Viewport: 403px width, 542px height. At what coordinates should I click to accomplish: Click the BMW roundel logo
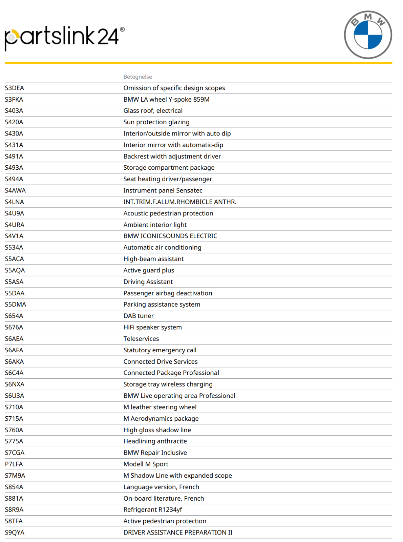point(368,35)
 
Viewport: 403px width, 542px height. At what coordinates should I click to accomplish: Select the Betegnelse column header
point(137,77)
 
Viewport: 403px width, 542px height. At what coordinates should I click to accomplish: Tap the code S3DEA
point(15,88)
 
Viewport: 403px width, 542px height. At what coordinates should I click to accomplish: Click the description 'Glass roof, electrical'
point(153,111)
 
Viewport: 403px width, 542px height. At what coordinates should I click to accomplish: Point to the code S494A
point(14,179)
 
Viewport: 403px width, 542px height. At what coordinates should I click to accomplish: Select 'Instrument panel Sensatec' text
point(163,191)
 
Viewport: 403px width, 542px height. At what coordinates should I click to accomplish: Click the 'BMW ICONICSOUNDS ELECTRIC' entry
point(170,236)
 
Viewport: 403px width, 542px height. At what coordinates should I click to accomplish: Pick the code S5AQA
point(15,270)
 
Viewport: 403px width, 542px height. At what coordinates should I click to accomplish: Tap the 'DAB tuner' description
point(139,316)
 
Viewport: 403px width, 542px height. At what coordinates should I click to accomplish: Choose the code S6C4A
point(14,373)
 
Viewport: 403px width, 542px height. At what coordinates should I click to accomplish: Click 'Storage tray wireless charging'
point(168,384)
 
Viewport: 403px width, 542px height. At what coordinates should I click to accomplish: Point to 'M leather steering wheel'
point(160,407)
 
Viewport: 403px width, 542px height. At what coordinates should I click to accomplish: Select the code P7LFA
point(14,464)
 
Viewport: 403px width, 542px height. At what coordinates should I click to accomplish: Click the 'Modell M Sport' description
point(146,464)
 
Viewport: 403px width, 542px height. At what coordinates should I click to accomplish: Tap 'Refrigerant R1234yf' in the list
point(153,510)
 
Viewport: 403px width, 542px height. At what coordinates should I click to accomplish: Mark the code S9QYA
point(15,533)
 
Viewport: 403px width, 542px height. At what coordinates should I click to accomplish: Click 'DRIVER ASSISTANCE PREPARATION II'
point(178,533)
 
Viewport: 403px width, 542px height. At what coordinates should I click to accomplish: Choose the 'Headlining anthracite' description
point(155,441)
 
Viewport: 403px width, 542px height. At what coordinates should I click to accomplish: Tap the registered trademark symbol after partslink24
point(122,29)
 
